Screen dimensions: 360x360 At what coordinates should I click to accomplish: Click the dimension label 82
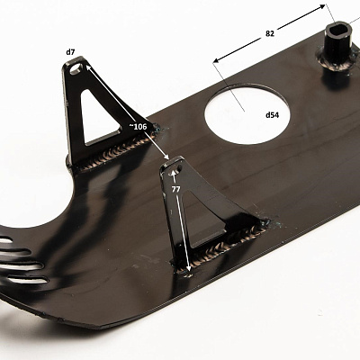coord(270,33)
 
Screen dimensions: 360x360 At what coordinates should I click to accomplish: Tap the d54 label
coord(272,114)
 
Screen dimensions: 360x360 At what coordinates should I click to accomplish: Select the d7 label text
coord(70,52)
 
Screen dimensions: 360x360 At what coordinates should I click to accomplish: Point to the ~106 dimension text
coord(138,127)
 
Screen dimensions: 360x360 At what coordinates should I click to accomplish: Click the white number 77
coord(176,189)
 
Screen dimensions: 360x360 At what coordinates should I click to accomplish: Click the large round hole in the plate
coord(247,115)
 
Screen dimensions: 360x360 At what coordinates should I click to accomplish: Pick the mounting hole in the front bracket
coord(175,171)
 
